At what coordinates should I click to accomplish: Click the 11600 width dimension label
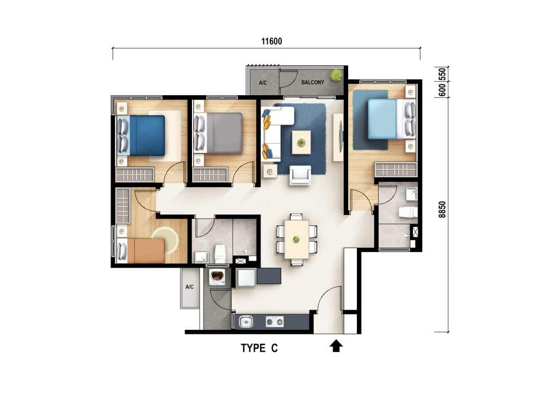pos(267,41)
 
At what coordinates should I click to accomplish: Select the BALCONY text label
pos(313,83)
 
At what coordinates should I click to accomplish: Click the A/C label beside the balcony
pos(263,83)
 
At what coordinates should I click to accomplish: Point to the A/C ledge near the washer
pos(190,287)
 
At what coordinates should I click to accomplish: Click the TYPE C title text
pos(259,349)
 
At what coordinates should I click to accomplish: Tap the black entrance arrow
pos(336,346)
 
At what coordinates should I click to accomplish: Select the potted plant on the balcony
pos(337,75)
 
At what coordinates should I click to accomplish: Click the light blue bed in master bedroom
pos(383,119)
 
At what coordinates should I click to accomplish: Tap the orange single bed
pos(145,251)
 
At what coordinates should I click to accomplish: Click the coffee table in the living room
pos(301,142)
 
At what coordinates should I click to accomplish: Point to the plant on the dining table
pos(296,239)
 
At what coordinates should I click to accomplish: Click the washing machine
pos(218,277)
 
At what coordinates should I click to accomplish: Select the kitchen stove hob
pos(275,322)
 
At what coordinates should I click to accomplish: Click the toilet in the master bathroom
pos(407,212)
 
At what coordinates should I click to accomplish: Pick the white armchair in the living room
pos(300,175)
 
